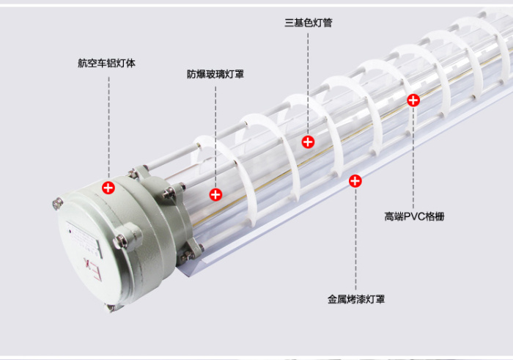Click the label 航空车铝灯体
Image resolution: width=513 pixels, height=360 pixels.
(x=106, y=63)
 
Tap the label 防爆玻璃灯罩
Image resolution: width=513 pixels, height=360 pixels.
(x=215, y=74)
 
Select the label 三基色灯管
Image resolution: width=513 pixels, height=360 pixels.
(x=309, y=23)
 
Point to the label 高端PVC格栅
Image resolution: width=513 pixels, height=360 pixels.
(x=414, y=216)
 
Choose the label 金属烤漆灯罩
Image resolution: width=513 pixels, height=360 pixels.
(x=356, y=299)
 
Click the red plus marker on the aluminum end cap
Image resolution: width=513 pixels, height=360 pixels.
(x=108, y=188)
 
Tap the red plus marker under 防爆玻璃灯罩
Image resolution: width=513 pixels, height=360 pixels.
(x=215, y=195)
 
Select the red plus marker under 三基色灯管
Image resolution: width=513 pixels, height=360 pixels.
(x=308, y=142)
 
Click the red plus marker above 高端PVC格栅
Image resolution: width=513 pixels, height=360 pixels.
(x=413, y=100)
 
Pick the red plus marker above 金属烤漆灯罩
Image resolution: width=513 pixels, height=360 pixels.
(x=355, y=181)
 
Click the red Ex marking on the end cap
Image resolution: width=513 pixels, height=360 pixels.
(x=92, y=269)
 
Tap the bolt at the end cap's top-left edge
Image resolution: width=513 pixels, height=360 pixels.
(x=58, y=203)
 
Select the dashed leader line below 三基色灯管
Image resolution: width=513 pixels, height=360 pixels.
(x=308, y=84)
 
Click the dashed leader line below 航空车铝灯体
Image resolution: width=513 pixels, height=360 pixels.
(x=108, y=129)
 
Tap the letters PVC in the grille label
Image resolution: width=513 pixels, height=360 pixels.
(x=414, y=216)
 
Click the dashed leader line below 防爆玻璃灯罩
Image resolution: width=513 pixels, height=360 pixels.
(x=215, y=137)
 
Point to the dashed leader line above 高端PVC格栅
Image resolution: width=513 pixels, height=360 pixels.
(x=413, y=157)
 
